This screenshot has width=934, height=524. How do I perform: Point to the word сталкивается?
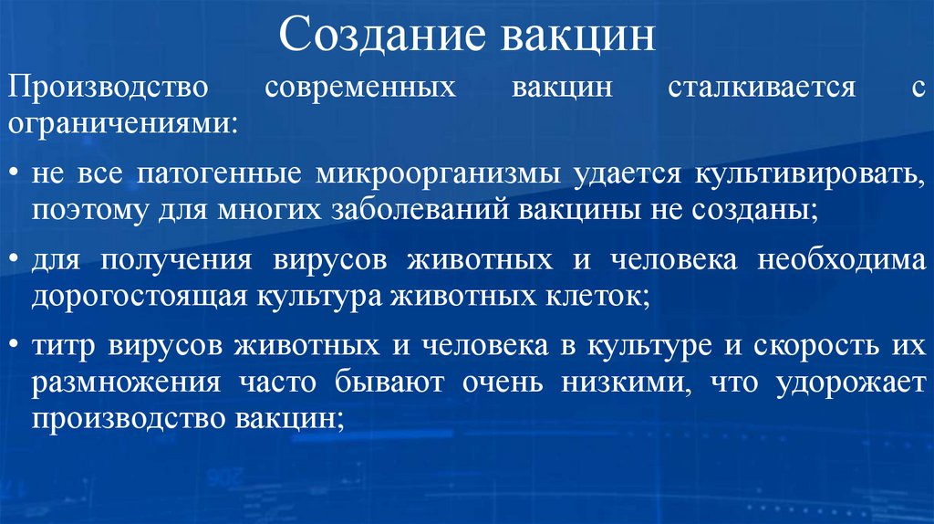click(761, 89)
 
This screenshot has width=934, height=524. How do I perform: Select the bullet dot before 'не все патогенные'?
click(16, 173)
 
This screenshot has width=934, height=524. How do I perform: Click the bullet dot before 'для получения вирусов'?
click(16, 260)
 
